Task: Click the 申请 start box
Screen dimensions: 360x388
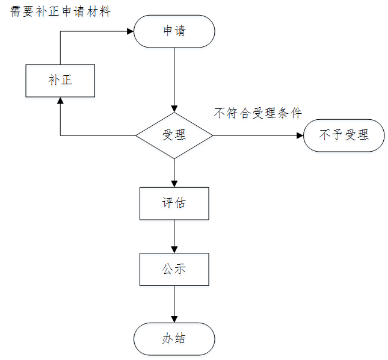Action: [x=174, y=31]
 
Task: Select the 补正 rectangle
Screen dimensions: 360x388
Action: [x=60, y=81]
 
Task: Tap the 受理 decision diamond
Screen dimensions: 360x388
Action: [x=174, y=135]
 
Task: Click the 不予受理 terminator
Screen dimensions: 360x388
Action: [x=343, y=135]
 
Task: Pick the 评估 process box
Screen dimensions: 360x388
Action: [x=174, y=203]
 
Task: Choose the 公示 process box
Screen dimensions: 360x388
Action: [x=174, y=269]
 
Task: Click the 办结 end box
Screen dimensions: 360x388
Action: [x=174, y=338]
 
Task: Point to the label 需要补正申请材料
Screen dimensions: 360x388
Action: [x=61, y=11]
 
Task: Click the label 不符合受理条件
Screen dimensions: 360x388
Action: [x=257, y=113]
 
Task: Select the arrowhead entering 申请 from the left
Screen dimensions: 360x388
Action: [x=130, y=31]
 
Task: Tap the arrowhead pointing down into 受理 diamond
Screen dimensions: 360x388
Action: [x=174, y=108]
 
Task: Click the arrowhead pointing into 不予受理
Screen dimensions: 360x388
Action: [x=300, y=135]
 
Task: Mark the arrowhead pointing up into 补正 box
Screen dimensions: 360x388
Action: [x=60, y=101]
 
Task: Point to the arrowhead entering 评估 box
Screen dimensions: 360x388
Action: [x=174, y=183]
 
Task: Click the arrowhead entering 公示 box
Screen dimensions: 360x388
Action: [x=174, y=249]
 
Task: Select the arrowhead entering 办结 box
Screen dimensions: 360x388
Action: [x=174, y=318]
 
